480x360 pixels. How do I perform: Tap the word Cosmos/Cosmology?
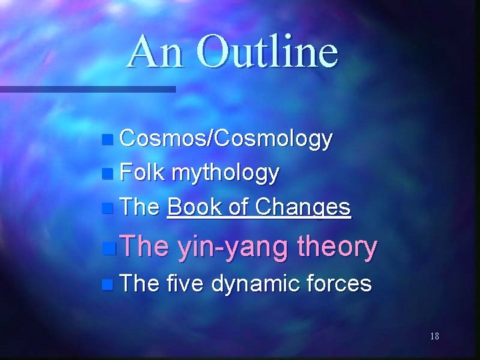coord(225,139)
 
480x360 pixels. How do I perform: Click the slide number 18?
coord(434,336)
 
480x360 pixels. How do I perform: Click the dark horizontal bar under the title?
coord(87,88)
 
